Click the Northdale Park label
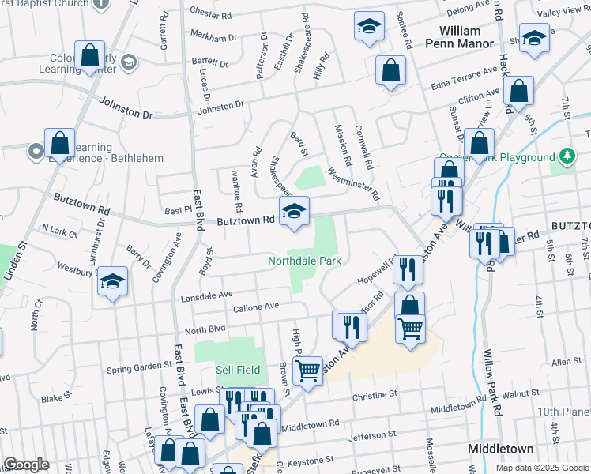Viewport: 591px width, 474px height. [304, 260]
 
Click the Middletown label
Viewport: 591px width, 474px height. [500, 448]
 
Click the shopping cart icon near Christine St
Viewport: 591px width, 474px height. [307, 368]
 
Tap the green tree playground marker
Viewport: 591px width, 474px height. [567, 157]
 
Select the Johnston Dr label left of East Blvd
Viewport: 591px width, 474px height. [125, 107]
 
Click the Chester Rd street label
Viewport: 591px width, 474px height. [211, 14]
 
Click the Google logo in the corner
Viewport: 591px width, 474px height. [25, 465]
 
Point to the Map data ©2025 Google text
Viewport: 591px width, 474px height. [541, 468]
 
